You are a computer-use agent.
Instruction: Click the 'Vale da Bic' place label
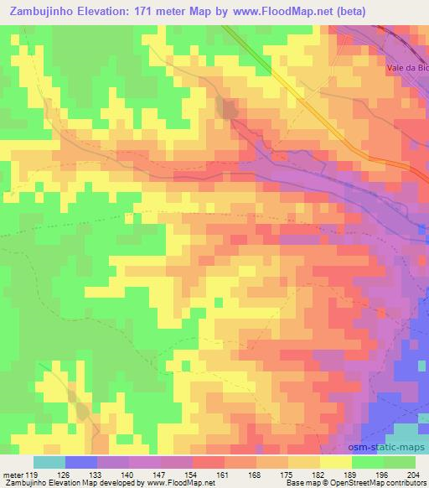pyautogui.click(x=407, y=68)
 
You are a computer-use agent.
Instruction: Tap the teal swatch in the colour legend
pyautogui.click(x=49, y=462)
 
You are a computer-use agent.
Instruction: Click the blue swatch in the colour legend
pyautogui.click(x=80, y=462)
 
